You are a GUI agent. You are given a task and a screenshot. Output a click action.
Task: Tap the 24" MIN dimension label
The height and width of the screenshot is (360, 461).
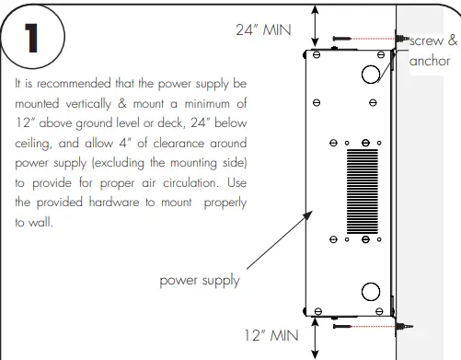pos(263,29)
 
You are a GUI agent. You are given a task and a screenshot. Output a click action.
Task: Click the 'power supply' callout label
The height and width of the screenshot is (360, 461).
pos(200,280)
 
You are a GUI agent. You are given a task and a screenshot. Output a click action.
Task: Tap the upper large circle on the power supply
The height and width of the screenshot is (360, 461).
pos(371,72)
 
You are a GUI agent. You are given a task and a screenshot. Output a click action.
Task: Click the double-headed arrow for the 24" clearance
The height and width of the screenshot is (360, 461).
pos(316,25)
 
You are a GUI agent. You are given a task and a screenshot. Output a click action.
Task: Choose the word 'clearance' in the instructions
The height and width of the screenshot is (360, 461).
pos(173,144)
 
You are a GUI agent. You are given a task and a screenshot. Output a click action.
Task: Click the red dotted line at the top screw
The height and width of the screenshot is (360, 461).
pos(374,39)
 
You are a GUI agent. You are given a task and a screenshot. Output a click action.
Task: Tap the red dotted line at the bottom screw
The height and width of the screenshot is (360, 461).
pos(374,325)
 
